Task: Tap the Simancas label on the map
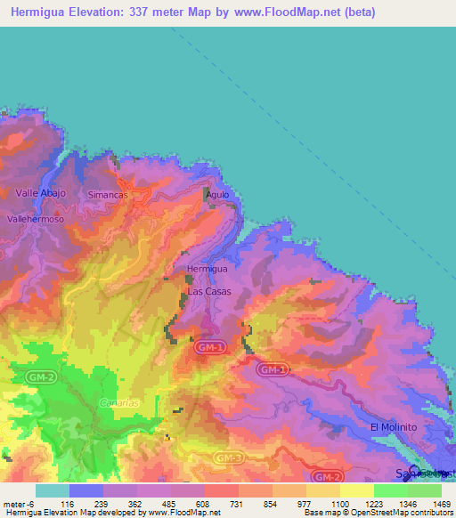click(x=109, y=194)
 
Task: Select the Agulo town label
click(x=218, y=194)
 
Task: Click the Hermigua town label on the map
click(x=208, y=268)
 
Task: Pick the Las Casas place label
click(x=208, y=291)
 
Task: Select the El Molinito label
click(x=393, y=427)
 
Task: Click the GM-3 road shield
click(x=229, y=457)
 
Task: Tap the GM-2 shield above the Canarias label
click(x=41, y=377)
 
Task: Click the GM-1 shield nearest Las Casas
click(x=211, y=346)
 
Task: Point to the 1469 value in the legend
click(x=431, y=503)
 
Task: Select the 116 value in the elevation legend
click(x=68, y=503)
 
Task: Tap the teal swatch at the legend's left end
click(x=52, y=490)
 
